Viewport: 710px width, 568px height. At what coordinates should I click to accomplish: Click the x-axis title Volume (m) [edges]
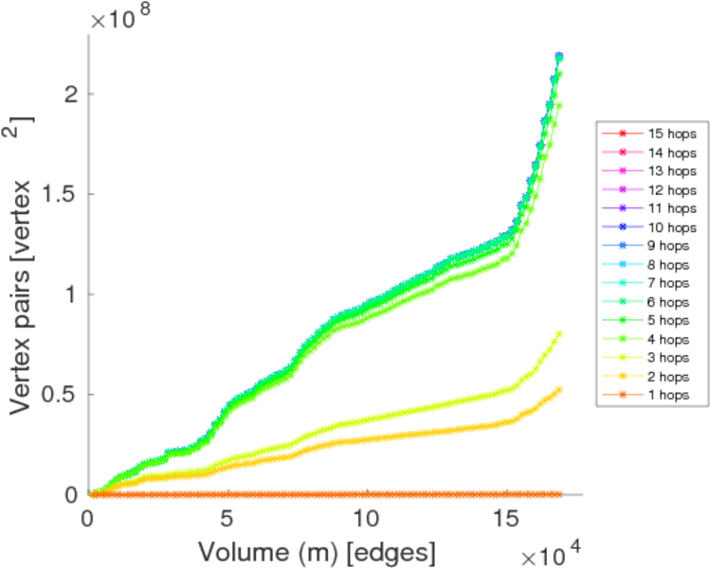318,549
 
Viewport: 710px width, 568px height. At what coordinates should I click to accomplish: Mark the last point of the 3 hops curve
559,333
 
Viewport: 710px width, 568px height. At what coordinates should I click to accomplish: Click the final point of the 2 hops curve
559,389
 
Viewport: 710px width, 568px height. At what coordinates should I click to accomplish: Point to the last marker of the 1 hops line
559,494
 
